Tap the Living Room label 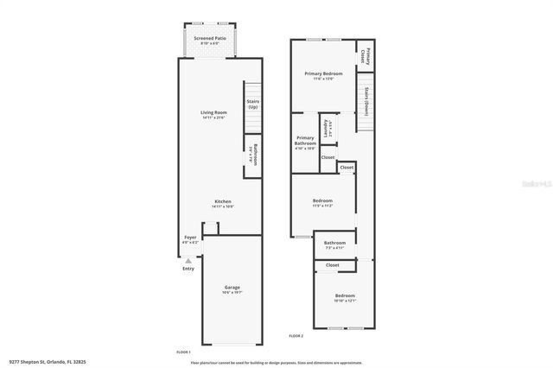pos(213,112)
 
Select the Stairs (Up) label pos(252,104)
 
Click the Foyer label pos(190,238)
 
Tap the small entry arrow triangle pos(188,259)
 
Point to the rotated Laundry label pos(327,128)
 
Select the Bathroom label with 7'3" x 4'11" pos(334,244)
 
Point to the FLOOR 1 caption pos(182,352)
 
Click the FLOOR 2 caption pos(296,335)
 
